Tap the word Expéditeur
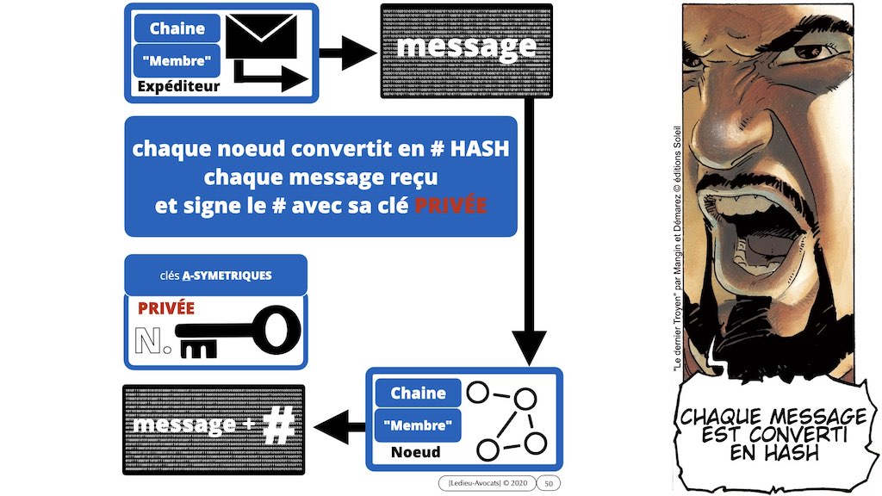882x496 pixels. coord(177,86)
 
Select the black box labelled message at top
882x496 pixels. coord(466,49)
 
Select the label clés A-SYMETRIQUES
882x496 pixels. coord(215,276)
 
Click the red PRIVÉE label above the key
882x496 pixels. coord(166,307)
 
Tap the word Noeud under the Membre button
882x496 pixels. coord(416,452)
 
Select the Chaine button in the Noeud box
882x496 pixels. coord(418,394)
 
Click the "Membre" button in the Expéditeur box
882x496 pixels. coord(177,60)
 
